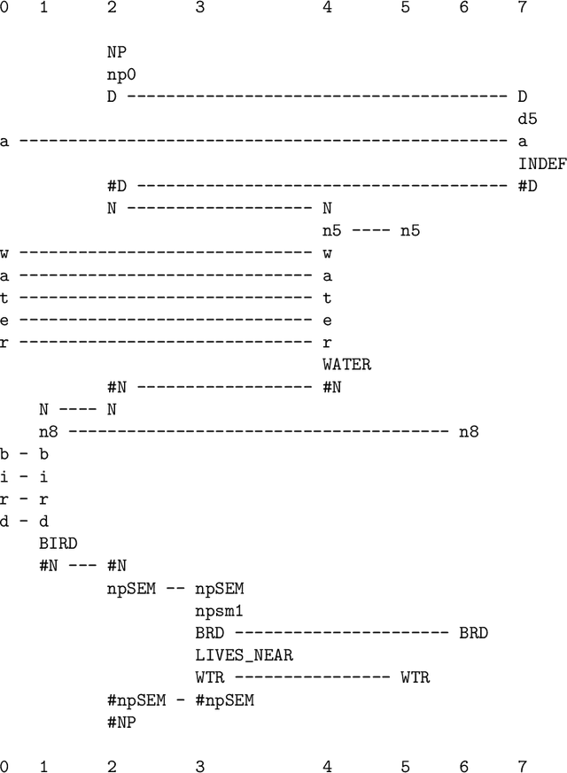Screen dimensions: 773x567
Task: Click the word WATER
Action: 346,364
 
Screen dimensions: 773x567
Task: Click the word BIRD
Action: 58,543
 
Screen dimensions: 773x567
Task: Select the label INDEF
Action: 542,164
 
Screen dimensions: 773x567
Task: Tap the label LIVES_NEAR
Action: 244,655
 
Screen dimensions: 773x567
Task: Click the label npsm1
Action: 218,611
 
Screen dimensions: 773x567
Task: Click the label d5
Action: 528,118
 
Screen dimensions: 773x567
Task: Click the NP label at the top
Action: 116,51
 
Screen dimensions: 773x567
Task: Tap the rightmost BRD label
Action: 474,633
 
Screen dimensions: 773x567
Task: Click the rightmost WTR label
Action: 415,677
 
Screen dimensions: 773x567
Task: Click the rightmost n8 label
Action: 469,432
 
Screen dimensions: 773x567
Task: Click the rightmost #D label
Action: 528,186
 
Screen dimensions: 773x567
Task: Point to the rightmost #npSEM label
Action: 224,700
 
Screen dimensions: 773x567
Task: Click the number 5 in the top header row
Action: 405,8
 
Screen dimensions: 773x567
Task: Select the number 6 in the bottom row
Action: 464,765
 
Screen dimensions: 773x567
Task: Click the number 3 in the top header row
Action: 199,8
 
